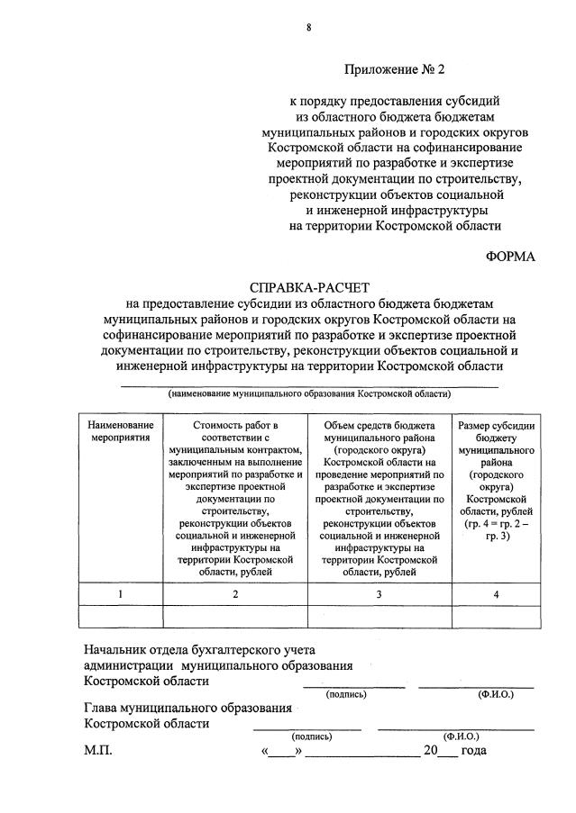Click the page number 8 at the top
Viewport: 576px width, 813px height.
tap(309, 28)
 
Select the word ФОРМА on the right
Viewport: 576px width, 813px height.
tap(509, 257)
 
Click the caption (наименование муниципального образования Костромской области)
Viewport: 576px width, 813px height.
tap(309, 393)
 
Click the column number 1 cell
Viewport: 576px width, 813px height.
tap(121, 594)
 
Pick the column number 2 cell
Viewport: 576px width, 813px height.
tap(235, 594)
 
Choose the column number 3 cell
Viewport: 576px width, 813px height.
tap(379, 594)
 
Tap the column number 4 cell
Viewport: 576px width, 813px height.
tap(495, 594)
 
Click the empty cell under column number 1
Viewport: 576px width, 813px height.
tap(121, 616)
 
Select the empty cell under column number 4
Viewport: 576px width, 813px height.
tap(495, 616)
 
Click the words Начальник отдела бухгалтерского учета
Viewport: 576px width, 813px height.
tap(199, 649)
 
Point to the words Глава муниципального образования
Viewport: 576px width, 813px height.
tap(187, 707)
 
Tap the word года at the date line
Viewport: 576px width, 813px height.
tap(473, 751)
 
